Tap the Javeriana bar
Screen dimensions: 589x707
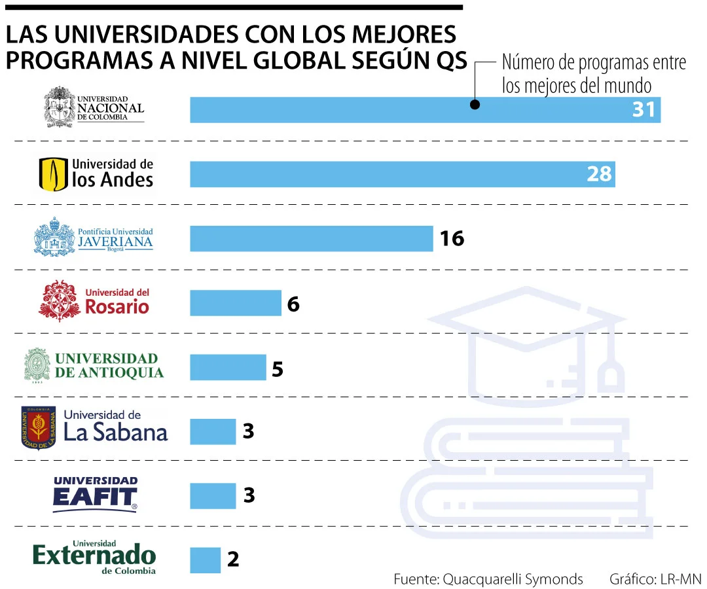pyautogui.click(x=311, y=238)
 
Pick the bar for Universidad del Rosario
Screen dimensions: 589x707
pyautogui.click(x=235, y=303)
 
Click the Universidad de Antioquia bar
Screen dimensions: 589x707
pyautogui.click(x=228, y=367)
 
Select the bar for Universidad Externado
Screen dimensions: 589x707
pyautogui.click(x=205, y=560)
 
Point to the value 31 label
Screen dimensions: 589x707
pyautogui.click(x=643, y=110)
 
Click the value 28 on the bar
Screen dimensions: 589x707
pyautogui.click(x=598, y=174)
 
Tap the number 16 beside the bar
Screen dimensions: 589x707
pyautogui.click(x=452, y=238)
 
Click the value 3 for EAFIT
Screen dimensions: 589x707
pyautogui.click(x=248, y=495)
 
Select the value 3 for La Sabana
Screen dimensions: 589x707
pyautogui.click(x=248, y=431)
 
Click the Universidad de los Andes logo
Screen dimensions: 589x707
pyautogui.click(x=96, y=174)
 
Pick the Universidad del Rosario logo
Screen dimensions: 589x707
pyautogui.click(x=94, y=301)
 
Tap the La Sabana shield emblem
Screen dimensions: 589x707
pyautogui.click(x=39, y=428)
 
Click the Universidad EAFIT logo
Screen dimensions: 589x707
pyautogui.click(x=95, y=494)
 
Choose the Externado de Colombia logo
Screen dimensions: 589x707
pyautogui.click(x=94, y=558)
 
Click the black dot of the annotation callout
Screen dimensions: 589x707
pyautogui.click(x=475, y=104)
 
